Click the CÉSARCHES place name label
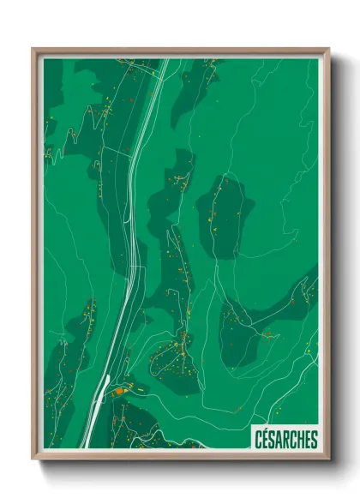pyautogui.click(x=286, y=440)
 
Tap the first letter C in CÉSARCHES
pyautogui.click(x=259, y=440)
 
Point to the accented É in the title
pyautogui.click(x=266, y=440)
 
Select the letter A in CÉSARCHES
pyautogui.click(x=279, y=440)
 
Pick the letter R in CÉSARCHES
pyautogui.click(x=286, y=440)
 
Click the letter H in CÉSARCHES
pyautogui.click(x=300, y=440)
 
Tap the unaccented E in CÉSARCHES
pyautogui.click(x=307, y=440)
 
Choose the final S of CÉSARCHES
pyautogui.click(x=314, y=440)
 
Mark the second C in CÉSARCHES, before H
pyautogui.click(x=293, y=440)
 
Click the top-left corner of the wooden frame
pyautogui.click(x=33, y=49)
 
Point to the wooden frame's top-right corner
pyautogui.click(x=328, y=49)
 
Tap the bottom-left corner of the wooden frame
pyautogui.click(x=33, y=459)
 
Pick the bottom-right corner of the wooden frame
pyautogui.click(x=328, y=459)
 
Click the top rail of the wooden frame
pyautogui.click(x=180, y=51)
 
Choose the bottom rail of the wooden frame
pyautogui.click(x=180, y=457)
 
